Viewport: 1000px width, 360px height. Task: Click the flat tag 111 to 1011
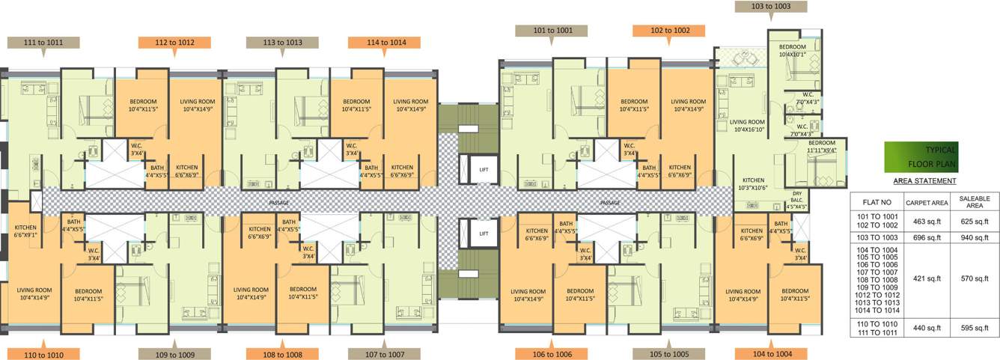pos(43,43)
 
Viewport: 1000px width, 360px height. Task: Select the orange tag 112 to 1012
pos(174,43)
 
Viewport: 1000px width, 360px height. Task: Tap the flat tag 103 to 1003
pos(770,7)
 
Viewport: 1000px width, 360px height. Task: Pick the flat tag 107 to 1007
pos(386,354)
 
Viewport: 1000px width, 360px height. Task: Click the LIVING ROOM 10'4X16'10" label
pos(747,126)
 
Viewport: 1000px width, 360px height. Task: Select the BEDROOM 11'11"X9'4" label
pos(821,147)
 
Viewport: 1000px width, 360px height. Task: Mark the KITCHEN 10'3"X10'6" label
pos(753,184)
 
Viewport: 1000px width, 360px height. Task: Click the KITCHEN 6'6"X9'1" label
pos(25,231)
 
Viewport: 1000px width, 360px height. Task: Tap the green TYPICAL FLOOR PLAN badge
pos(920,156)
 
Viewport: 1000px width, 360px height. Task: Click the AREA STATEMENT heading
pos(924,181)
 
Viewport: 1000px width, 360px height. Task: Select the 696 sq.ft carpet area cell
pos(927,237)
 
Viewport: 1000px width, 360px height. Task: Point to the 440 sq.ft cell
pos(927,327)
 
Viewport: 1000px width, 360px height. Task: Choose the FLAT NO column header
pos(876,202)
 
